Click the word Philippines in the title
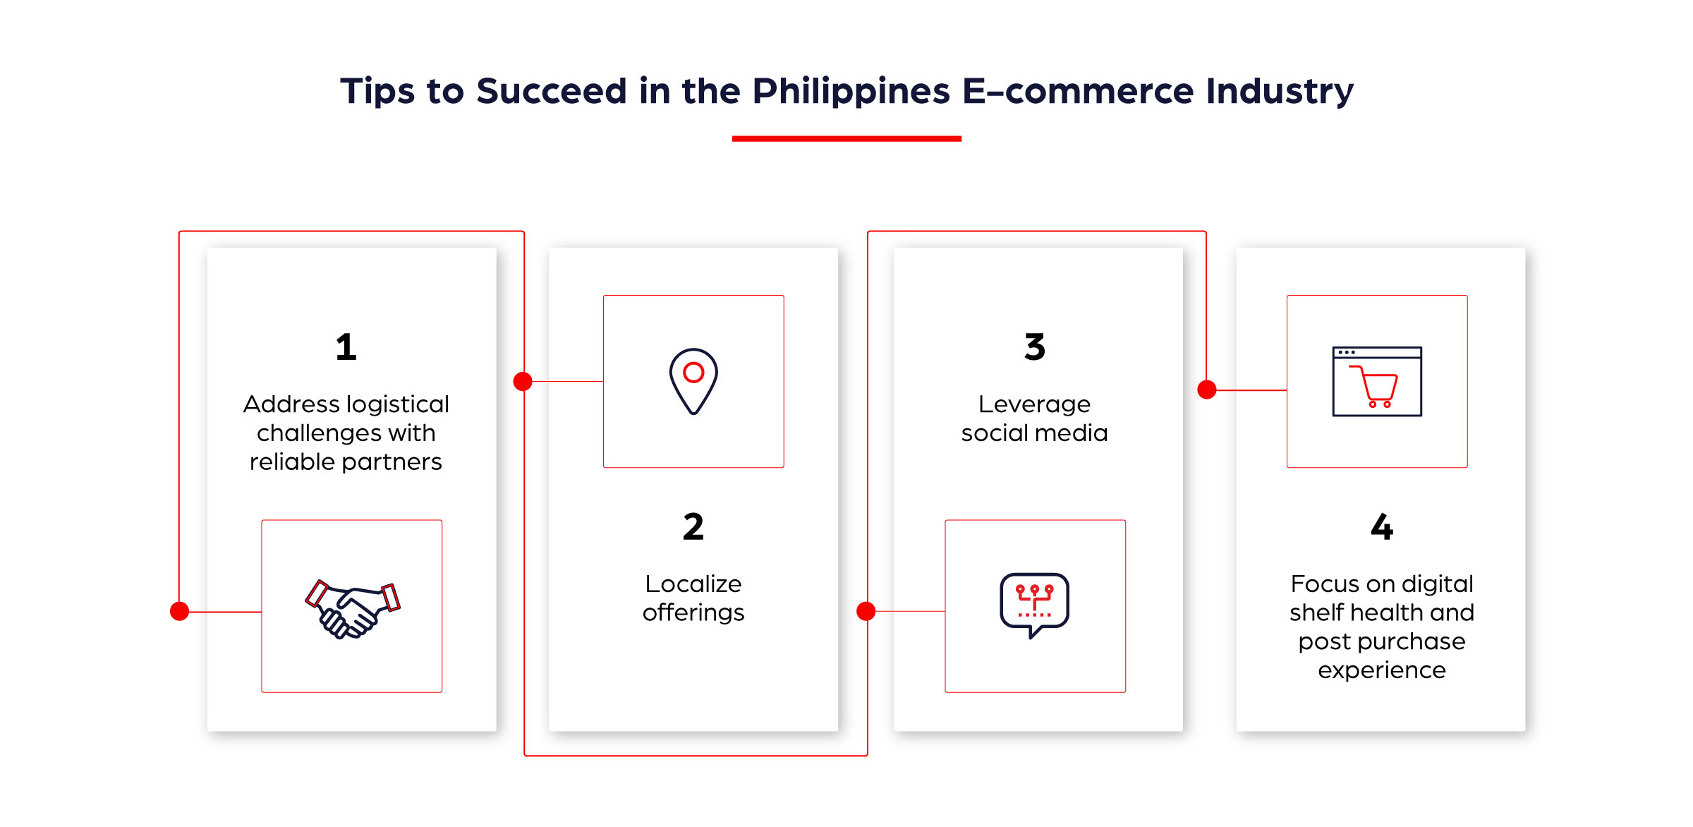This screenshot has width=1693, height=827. point(851,92)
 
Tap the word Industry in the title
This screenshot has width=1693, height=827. point(1280,92)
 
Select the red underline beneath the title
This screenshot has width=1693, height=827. point(846,138)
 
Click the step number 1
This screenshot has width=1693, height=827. point(346,347)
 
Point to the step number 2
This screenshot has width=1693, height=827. point(693,527)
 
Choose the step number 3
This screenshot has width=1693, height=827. point(1034,347)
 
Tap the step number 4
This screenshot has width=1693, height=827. point(1381,527)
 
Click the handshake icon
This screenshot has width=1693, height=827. point(352,608)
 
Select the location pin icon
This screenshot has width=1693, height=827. point(693,381)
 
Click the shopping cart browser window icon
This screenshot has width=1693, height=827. point(1376,382)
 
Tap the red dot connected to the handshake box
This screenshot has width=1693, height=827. point(180,611)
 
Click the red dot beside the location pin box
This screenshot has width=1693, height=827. point(523,381)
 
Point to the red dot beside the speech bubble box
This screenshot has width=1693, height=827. point(866,611)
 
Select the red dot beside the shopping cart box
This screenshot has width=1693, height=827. point(1207,390)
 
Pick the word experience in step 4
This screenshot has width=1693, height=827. point(1381,670)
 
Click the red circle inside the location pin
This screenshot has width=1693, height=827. point(693,372)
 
